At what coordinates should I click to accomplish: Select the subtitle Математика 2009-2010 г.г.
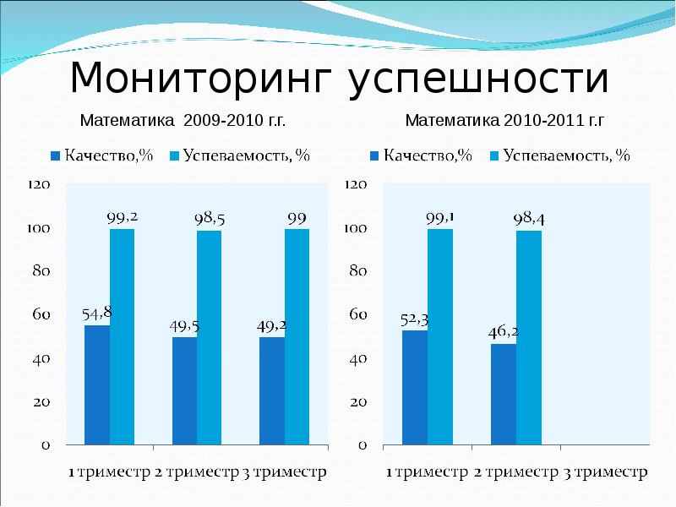pos(183,121)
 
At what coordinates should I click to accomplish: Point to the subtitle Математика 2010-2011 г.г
pos(505,121)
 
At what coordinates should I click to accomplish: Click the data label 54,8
pos(97,313)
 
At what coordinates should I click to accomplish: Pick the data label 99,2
pos(122,216)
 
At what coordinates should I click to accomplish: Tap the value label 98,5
pos(210,218)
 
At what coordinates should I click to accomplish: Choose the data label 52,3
pos(415,319)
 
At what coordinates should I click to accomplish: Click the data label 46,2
pos(504,332)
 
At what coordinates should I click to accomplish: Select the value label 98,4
pos(529,218)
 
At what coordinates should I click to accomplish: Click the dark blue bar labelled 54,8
pos(97,384)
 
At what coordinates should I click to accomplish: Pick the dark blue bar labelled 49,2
pos(272,390)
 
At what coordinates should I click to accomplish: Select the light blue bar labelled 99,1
pos(440,336)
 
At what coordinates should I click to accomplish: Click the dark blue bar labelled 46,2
pos(504,394)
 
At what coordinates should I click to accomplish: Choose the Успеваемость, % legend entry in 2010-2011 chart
pos(560,155)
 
